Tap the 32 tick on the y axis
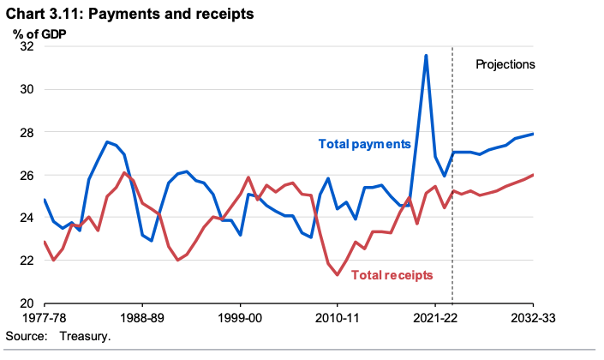pyautogui.click(x=26, y=47)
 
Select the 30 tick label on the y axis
pyautogui.click(x=26, y=90)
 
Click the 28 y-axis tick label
pyautogui.click(x=26, y=133)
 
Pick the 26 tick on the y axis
pyautogui.click(x=26, y=176)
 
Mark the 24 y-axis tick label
pyautogui.click(x=26, y=219)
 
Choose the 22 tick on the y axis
pyautogui.click(x=26, y=261)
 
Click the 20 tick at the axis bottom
pyautogui.click(x=26, y=304)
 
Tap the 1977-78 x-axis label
pyautogui.click(x=45, y=318)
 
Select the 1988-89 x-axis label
pyautogui.click(x=142, y=318)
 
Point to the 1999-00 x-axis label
pyautogui.click(x=240, y=318)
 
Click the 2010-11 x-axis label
pyautogui.click(x=338, y=318)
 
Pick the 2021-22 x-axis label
pyautogui.click(x=435, y=318)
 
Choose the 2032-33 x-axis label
pyautogui.click(x=533, y=318)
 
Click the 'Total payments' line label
pyautogui.click(x=364, y=144)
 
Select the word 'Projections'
pyautogui.click(x=505, y=64)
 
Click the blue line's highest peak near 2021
pyautogui.click(x=426, y=56)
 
